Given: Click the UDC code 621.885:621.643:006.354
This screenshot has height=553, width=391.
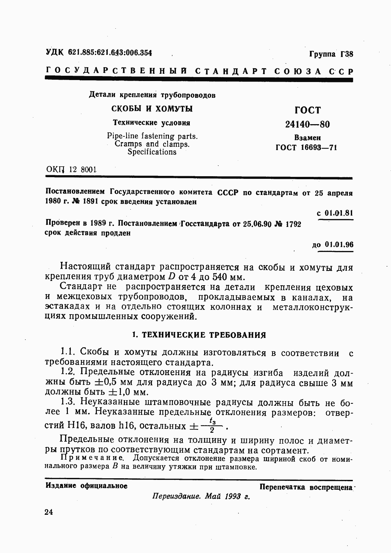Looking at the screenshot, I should click(110, 53).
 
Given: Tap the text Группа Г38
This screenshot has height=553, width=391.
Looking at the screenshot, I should click(331, 54).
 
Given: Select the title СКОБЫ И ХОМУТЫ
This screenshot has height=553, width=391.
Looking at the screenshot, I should click(152, 109).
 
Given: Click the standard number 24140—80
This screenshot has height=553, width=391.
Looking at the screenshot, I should click(307, 124).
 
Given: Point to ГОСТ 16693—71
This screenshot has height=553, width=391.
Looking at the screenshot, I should click(306, 148).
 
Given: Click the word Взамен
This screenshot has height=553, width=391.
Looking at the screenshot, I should click(307, 138).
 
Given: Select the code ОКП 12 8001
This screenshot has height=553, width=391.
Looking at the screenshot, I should click(71, 170).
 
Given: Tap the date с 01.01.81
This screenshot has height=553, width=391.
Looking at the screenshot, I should click(335, 213).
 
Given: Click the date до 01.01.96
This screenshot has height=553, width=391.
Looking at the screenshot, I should click(333, 245).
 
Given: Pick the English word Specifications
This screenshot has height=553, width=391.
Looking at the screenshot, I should click(152, 152).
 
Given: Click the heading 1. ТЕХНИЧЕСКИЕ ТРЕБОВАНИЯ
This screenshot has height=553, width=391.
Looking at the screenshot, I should click(199, 335).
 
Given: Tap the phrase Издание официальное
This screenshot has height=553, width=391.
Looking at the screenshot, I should click(86, 486).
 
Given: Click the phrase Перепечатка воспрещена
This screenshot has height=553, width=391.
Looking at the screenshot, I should click(305, 487).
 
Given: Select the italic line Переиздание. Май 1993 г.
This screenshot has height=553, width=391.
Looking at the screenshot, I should click(201, 497).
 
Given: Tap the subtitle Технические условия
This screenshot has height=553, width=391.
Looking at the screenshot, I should click(152, 123).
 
